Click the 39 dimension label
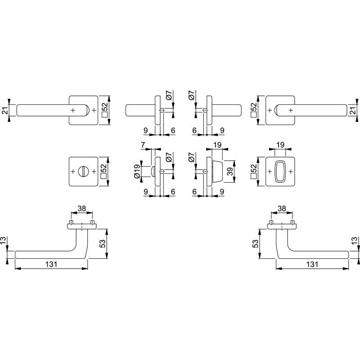pos(230,171)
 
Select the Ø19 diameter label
pos(137,171)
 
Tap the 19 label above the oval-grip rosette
pos(280,145)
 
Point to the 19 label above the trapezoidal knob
pos(217,145)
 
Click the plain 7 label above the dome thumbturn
pos(143,145)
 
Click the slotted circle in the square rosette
pos(83,171)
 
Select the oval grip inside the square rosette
pos(280,171)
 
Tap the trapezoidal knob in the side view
pos(217,171)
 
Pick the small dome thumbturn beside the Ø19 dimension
pos(153,171)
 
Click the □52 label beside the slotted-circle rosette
pos(104,171)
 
